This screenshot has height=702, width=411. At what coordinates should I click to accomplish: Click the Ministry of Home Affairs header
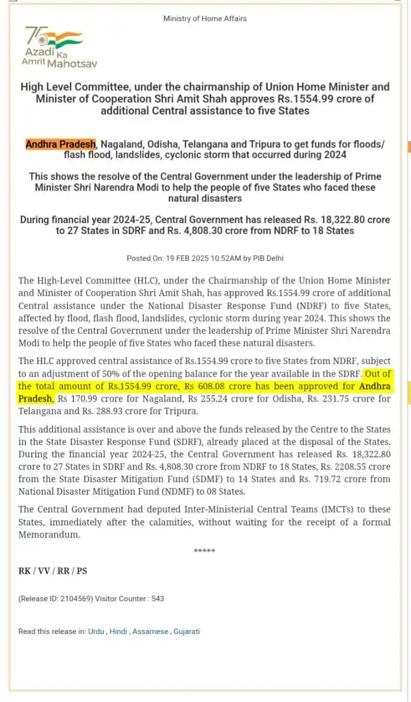click(x=205, y=19)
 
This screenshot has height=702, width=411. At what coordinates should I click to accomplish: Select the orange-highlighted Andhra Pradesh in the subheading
click(x=61, y=144)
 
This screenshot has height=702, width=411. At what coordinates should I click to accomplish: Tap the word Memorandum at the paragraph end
click(x=49, y=535)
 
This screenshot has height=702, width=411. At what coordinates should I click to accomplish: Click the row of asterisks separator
click(x=204, y=551)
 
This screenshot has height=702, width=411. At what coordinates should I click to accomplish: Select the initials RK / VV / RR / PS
click(x=53, y=571)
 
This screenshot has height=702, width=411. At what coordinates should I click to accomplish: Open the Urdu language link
click(x=96, y=631)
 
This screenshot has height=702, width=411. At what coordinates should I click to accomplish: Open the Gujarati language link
click(x=187, y=631)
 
